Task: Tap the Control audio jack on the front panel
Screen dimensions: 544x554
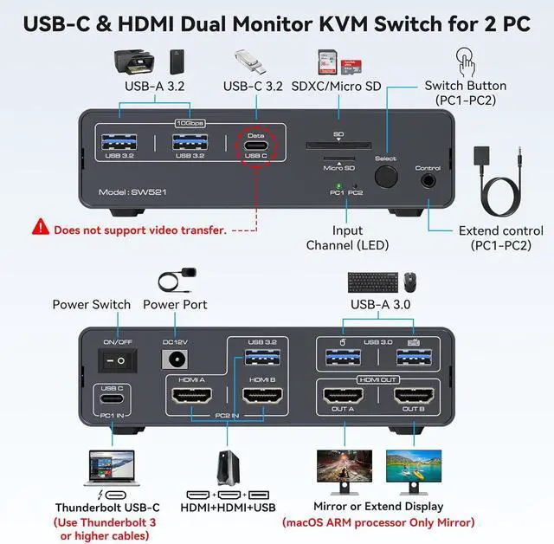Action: [x=428, y=180]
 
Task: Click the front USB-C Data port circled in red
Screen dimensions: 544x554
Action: [x=255, y=146]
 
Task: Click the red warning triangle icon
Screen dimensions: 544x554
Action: [x=41, y=229]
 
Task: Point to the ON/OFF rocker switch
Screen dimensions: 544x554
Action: [x=111, y=357]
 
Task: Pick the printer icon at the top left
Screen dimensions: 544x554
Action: [x=134, y=62]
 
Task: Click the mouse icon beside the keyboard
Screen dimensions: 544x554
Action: [x=410, y=282]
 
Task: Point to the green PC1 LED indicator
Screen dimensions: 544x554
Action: [x=338, y=185]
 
